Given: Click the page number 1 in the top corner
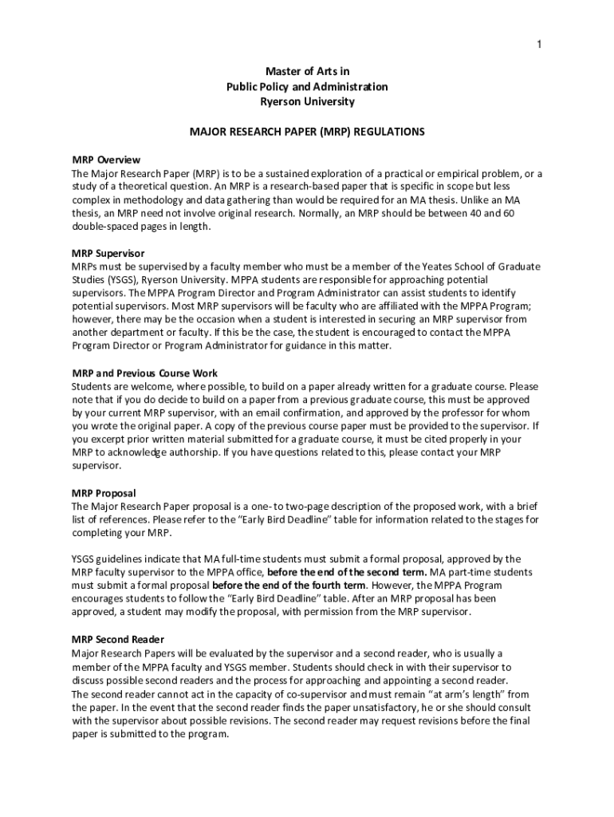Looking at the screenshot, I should (x=539, y=44).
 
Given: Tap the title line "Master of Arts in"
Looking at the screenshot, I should (x=307, y=73).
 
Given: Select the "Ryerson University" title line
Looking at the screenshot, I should (x=307, y=101).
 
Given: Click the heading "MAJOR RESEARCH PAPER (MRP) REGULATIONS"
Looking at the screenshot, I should (x=307, y=131).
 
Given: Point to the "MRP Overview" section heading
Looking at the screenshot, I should (x=106, y=160).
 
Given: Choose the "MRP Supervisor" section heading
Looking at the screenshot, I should (x=108, y=253).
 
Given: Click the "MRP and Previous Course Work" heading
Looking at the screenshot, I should (x=144, y=373).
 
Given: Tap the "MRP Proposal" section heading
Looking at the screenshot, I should (x=104, y=493).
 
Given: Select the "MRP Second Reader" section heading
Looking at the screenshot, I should (x=118, y=639).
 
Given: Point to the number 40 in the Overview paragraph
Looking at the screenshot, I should (x=490, y=214).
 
